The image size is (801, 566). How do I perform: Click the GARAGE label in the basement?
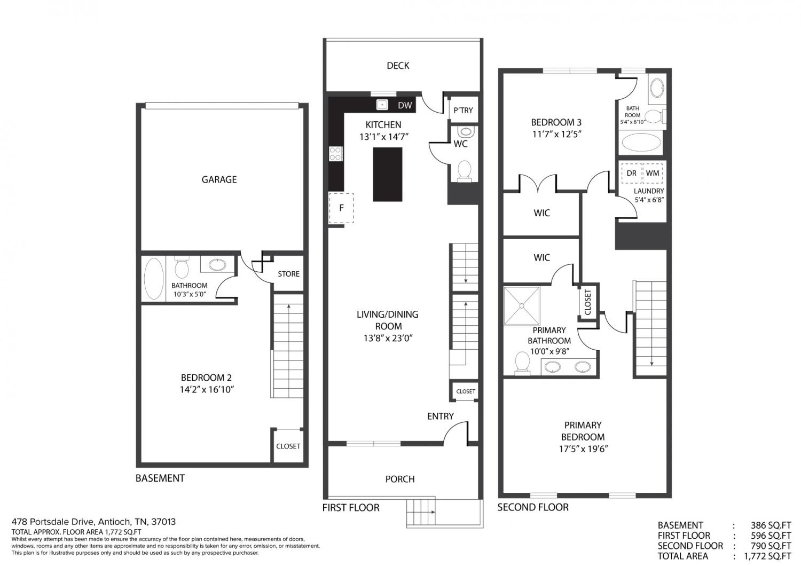tap(219, 179)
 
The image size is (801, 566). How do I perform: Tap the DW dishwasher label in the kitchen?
tap(405, 105)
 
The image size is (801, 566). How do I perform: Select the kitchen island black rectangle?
tap(387, 175)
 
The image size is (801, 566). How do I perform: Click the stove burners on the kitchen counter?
tap(335, 153)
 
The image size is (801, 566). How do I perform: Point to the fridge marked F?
tap(341, 208)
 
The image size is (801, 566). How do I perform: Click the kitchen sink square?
tap(382, 105)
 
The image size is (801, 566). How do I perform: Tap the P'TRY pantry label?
tap(463, 110)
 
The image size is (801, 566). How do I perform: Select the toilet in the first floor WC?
tap(464, 171)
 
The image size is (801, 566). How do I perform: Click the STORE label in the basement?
tap(288, 274)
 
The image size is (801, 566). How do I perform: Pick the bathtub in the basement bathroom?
tap(154, 279)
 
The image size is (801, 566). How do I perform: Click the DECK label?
tap(398, 66)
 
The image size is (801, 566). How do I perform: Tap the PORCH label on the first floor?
tap(400, 479)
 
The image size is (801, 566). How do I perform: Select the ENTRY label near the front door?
tap(440, 416)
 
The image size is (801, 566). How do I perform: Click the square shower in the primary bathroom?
tap(521, 306)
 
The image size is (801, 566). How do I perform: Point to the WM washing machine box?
tap(653, 173)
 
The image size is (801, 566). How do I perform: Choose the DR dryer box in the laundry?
tap(632, 173)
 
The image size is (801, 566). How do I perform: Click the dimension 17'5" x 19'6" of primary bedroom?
tap(584, 449)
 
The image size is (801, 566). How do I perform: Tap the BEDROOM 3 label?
tap(556, 122)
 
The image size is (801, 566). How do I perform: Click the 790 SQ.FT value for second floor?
tap(771, 546)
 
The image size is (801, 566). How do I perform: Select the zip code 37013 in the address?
tap(163, 522)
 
